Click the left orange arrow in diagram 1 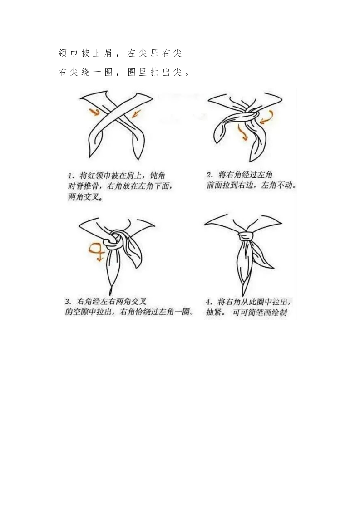(x=94, y=112)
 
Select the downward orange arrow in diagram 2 (x=242, y=132)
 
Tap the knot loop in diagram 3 (x=113, y=240)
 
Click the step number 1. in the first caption (x=72, y=176)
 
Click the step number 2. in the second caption (x=210, y=175)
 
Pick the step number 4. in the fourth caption (x=209, y=302)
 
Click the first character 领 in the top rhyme (x=63, y=53)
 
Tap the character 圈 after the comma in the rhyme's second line (x=132, y=72)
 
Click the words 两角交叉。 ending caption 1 (x=85, y=197)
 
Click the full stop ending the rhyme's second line (x=187, y=74)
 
